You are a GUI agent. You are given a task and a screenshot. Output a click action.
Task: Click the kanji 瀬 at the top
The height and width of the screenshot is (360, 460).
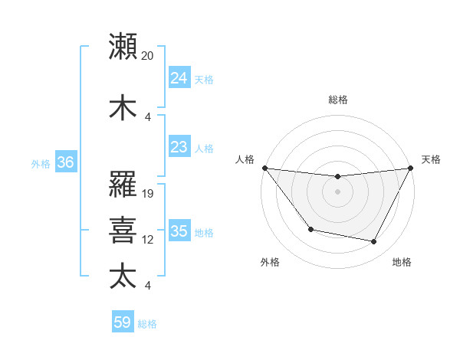click(123, 47)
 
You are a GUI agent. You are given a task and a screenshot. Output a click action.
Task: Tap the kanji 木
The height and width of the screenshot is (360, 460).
click(123, 107)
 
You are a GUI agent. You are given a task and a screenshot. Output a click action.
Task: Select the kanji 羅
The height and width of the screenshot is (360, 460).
click(123, 184)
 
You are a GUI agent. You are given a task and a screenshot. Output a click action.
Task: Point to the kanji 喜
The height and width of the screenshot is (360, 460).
click(123, 231)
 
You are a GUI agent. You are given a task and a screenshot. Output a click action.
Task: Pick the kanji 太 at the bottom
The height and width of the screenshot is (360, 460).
click(123, 276)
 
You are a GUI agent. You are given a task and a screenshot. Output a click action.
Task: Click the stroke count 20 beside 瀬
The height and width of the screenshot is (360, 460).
click(148, 56)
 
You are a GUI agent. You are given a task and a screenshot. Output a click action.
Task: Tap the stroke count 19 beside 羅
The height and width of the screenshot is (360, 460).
click(148, 193)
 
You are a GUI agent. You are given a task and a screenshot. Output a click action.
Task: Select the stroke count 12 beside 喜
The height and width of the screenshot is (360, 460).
click(148, 240)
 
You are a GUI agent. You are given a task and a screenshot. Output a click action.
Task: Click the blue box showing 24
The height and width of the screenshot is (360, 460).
click(179, 78)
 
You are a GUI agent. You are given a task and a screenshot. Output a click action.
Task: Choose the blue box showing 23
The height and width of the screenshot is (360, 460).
click(179, 146)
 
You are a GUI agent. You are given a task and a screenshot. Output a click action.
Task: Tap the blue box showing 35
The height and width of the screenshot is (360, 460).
click(179, 231)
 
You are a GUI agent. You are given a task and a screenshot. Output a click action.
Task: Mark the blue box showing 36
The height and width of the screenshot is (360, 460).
click(65, 162)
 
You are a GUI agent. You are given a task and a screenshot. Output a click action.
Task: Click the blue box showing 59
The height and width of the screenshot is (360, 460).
click(123, 322)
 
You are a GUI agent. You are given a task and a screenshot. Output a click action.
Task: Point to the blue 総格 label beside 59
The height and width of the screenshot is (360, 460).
click(147, 324)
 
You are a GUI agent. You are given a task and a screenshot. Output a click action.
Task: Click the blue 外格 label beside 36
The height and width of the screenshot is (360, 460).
click(41, 163)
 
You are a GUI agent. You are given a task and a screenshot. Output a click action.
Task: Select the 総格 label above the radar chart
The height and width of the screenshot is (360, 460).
click(337, 100)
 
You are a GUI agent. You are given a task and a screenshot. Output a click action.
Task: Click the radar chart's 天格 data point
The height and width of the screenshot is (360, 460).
click(411, 168)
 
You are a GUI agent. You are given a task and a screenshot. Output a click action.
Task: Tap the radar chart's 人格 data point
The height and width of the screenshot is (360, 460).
click(264, 168)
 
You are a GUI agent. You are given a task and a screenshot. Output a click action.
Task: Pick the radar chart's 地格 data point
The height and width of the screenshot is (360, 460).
click(374, 242)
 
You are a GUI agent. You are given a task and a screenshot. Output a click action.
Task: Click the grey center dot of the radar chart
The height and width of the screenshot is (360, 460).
click(337, 191)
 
